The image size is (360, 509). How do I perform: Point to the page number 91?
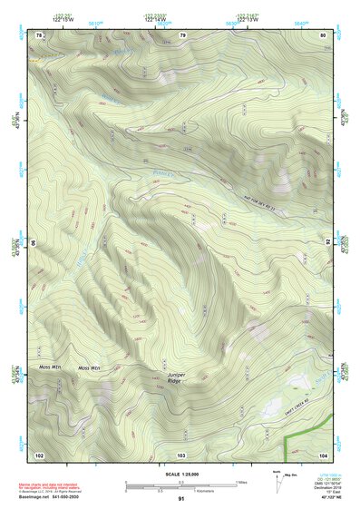pyautogui.click(x=181, y=500)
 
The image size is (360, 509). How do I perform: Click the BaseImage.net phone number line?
pyautogui.click(x=51, y=497)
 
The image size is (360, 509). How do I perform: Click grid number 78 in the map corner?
pyautogui.click(x=39, y=34)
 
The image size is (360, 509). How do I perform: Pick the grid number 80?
pyautogui.click(x=324, y=34)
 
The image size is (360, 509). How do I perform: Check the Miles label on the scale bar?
pyautogui.click(x=241, y=482)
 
